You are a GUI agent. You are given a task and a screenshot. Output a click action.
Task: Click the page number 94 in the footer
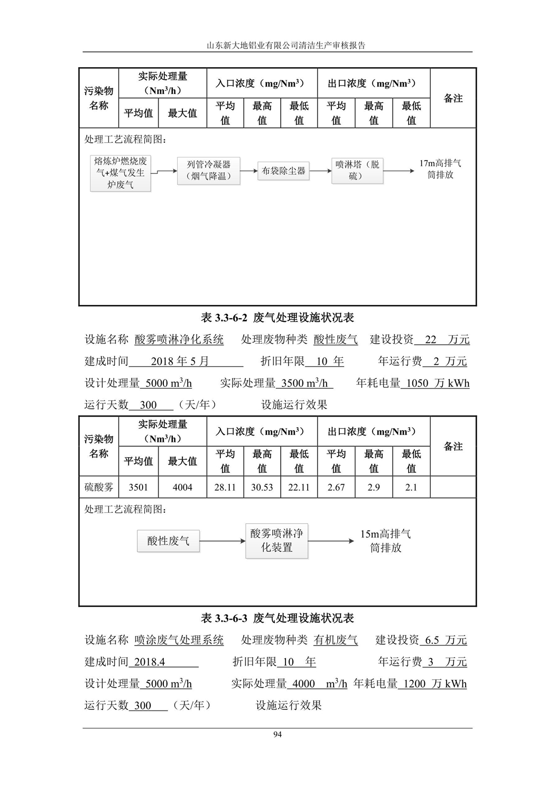tap(277, 734)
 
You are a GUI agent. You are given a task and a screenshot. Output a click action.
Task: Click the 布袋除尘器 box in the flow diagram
tap(283, 171)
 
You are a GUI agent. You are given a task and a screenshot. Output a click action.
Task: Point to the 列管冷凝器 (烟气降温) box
tap(208, 171)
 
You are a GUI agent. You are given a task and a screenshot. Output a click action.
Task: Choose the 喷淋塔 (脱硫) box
tap(357, 171)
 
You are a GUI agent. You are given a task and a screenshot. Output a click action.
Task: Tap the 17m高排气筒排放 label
tap(440, 169)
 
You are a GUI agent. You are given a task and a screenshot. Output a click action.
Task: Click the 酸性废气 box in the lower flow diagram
tap(168, 541)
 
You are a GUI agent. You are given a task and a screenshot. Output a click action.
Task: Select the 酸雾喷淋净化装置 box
tap(276, 541)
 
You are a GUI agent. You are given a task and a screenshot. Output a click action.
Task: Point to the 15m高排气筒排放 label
tap(385, 541)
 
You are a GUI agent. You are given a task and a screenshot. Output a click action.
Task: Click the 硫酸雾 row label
tap(99, 487)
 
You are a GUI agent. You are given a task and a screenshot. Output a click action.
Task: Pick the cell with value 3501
tap(138, 487)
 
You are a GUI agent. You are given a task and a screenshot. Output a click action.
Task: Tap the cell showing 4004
tap(182, 487)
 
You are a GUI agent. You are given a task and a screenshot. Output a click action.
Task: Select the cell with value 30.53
tap(262, 487)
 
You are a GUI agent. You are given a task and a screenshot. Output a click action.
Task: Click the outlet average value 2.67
tap(336, 487)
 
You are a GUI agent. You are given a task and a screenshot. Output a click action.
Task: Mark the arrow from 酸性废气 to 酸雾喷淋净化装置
tap(223, 541)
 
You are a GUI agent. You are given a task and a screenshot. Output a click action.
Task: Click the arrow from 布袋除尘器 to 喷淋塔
tap(320, 171)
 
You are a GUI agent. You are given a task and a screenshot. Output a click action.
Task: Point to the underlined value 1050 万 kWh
tap(435, 383)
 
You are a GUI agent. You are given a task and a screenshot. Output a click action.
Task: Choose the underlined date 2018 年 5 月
tap(180, 362)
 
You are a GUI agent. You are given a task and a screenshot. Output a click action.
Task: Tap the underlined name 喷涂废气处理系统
tap(179, 640)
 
